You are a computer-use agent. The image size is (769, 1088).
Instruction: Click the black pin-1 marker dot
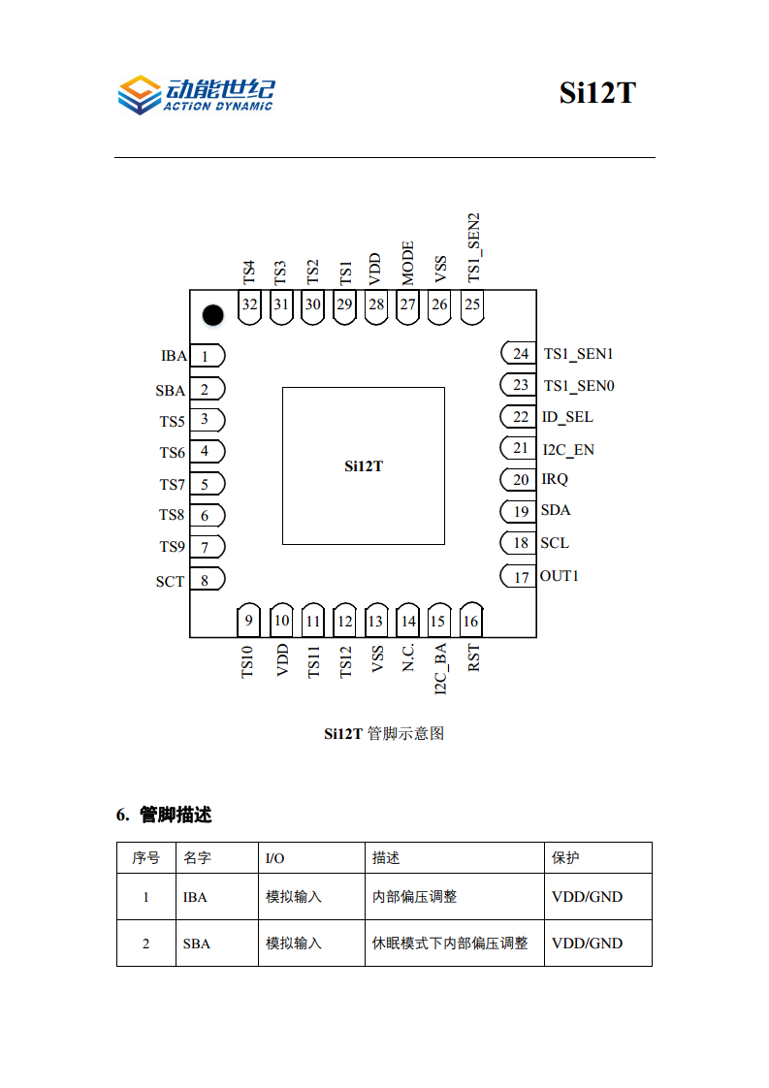tap(212, 314)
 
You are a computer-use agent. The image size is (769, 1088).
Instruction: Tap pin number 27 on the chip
tap(407, 304)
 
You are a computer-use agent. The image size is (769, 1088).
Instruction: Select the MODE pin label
tap(407, 262)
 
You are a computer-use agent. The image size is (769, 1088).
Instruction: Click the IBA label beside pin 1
tap(174, 356)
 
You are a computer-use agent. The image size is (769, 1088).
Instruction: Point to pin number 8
tap(205, 580)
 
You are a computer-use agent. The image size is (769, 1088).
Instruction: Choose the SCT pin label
tap(170, 582)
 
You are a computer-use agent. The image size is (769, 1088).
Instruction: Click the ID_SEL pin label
tap(567, 417)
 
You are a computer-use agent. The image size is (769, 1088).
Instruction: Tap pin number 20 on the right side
tap(521, 480)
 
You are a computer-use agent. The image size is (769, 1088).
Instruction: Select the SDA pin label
tap(556, 510)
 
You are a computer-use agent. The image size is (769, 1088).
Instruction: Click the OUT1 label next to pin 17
tap(560, 576)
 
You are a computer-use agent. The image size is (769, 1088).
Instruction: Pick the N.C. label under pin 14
tap(408, 657)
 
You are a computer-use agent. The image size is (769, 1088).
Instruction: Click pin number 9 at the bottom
tap(249, 621)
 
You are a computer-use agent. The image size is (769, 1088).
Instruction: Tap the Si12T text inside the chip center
tap(364, 466)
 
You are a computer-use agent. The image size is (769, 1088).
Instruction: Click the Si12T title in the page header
tap(596, 93)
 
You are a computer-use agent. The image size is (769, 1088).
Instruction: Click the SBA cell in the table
tap(195, 944)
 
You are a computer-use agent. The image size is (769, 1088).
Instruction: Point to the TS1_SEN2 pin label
tap(474, 248)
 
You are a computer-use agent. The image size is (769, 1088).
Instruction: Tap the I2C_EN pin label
tap(568, 449)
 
